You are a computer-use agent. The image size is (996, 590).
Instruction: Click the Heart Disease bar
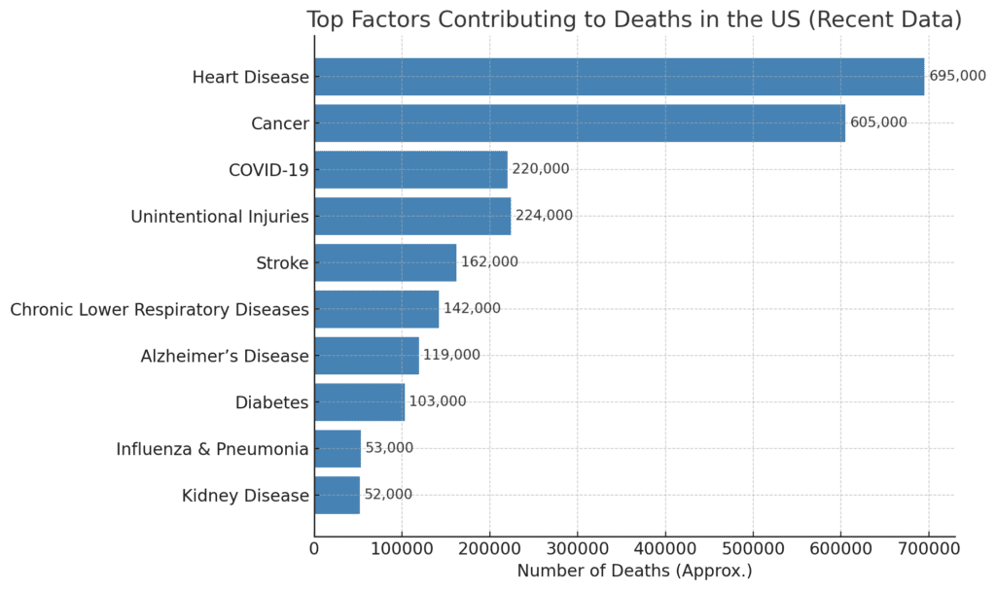pyautogui.click(x=619, y=77)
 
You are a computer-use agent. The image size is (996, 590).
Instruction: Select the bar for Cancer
pyautogui.click(x=580, y=123)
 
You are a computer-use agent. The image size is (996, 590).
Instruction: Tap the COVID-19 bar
pyautogui.click(x=410, y=169)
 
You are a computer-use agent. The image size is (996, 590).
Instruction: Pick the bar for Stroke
pyautogui.click(x=385, y=262)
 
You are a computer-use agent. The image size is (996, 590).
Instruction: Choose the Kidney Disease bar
pyautogui.click(x=337, y=495)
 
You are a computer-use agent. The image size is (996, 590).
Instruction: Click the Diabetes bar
pyautogui.click(x=359, y=401)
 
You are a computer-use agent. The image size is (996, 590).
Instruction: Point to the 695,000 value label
pyautogui.click(x=957, y=76)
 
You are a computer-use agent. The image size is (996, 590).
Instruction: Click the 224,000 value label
pyautogui.click(x=544, y=216)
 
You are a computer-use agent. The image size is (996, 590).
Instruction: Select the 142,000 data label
pyautogui.click(x=472, y=308)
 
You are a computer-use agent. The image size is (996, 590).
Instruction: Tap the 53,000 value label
pyautogui.click(x=389, y=448)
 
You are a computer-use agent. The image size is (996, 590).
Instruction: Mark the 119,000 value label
pyautogui.click(x=451, y=355)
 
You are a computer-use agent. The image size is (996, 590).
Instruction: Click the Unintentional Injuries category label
pyautogui.click(x=220, y=216)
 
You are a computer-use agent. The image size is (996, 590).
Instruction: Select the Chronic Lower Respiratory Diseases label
pyautogui.click(x=160, y=309)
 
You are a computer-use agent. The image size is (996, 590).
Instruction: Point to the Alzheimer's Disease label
pyautogui.click(x=225, y=356)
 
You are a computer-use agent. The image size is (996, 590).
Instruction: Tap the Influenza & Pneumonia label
pyautogui.click(x=212, y=449)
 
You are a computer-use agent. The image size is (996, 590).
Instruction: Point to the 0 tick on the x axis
pyautogui.click(x=314, y=549)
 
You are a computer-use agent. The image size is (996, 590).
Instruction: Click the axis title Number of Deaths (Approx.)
pyautogui.click(x=634, y=572)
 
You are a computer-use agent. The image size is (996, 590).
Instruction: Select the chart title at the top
pyautogui.click(x=634, y=19)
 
